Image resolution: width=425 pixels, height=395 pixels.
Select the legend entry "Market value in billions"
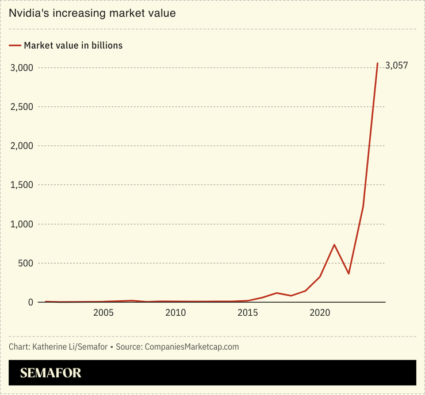click(x=73, y=45)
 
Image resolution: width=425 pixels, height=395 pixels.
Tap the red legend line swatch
click(x=15, y=45)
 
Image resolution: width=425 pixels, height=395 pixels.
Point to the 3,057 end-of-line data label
click(x=396, y=65)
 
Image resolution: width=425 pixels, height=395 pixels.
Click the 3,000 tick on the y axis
click(x=22, y=68)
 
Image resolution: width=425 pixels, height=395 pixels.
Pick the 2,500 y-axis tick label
click(x=22, y=107)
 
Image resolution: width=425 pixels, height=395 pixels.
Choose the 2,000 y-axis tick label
click(x=22, y=146)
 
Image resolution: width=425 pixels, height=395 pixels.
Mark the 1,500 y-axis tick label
click(x=22, y=185)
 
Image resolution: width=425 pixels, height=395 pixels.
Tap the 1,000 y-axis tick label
click(x=22, y=224)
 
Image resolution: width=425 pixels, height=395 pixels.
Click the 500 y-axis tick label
click(x=26, y=263)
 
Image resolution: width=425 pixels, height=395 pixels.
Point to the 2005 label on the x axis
click(x=104, y=313)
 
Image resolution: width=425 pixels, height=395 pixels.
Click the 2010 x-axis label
click(x=175, y=313)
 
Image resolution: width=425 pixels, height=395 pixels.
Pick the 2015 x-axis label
click(x=248, y=313)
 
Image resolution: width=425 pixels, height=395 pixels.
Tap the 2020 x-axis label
click(x=320, y=313)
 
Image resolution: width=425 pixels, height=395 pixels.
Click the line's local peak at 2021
click(x=334, y=245)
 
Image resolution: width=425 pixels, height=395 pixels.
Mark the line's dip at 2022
click(x=349, y=273)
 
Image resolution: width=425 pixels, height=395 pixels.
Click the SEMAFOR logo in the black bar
click(x=51, y=373)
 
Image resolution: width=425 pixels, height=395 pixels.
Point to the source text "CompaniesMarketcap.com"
click(x=192, y=347)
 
